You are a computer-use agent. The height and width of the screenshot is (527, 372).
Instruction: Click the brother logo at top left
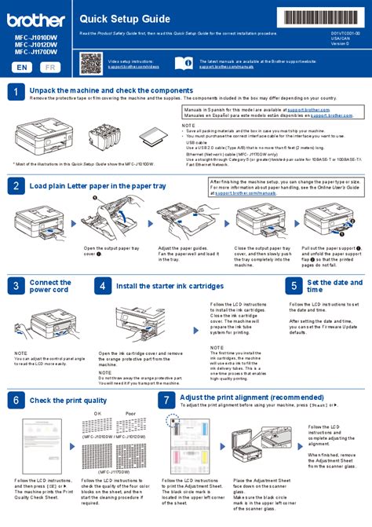[36, 16]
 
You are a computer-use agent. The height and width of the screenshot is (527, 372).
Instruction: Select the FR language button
[51, 68]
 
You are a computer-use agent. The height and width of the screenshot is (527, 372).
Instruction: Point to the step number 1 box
[16, 92]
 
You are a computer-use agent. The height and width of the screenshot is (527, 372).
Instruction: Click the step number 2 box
[16, 186]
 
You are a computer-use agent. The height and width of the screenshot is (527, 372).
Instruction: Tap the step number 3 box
[16, 287]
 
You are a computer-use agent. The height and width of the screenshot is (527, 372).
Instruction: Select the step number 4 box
[102, 287]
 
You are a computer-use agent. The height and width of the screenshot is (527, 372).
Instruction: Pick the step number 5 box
[292, 287]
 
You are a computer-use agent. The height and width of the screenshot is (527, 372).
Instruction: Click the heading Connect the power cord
[51, 287]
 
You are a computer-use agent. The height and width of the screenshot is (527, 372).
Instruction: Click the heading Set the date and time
[328, 286]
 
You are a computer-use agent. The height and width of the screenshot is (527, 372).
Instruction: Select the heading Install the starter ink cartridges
[170, 287]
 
